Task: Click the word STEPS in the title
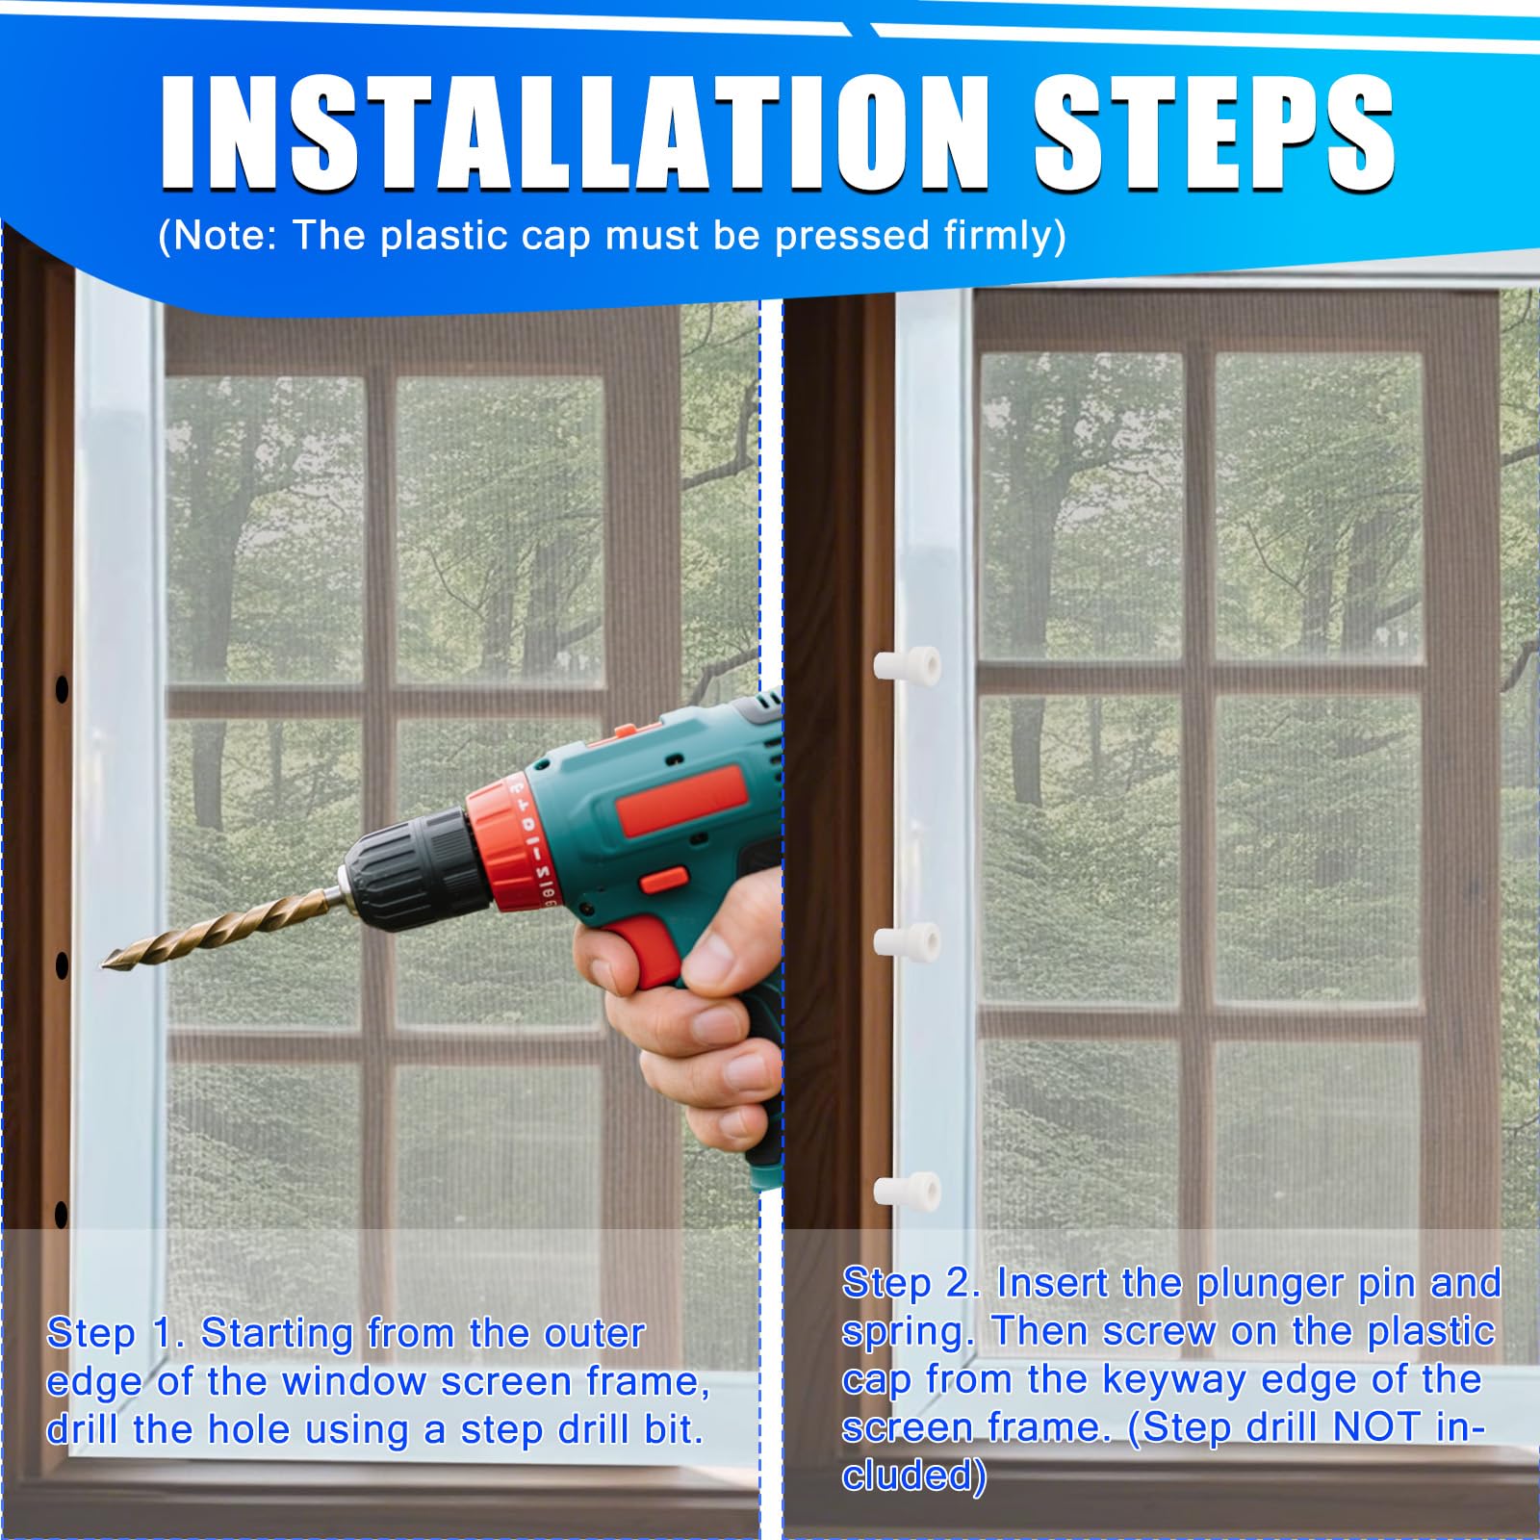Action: (x=1215, y=132)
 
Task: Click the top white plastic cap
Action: (x=907, y=664)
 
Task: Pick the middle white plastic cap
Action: (x=907, y=939)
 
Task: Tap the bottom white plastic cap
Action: (x=907, y=1191)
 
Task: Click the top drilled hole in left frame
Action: (x=62, y=688)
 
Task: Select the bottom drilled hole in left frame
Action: (x=62, y=1215)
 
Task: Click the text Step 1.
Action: (x=115, y=1335)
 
